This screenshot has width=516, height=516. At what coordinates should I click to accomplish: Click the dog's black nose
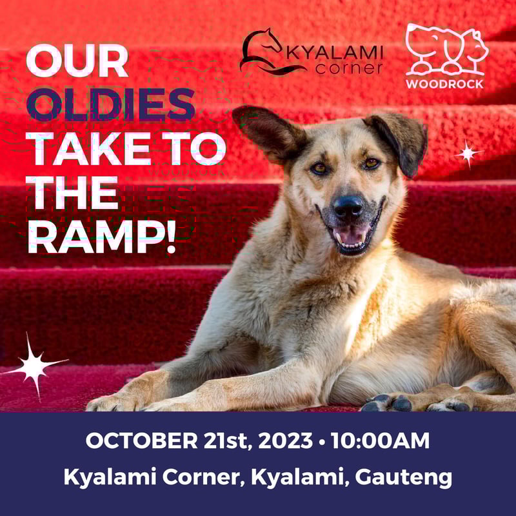348,206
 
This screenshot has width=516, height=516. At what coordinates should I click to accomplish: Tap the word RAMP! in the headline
101,236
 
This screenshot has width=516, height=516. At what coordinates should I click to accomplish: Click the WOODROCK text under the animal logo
444,83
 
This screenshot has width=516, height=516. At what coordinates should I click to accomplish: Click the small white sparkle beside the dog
468,153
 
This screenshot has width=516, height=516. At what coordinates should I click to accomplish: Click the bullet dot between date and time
321,442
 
